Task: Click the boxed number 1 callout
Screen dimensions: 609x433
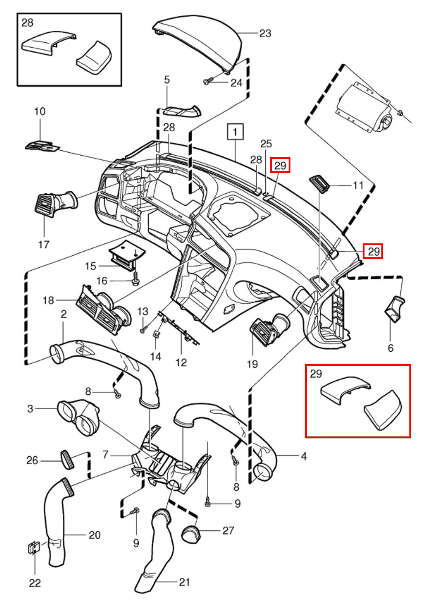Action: pyautogui.click(x=235, y=132)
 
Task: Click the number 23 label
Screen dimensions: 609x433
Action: pyautogui.click(x=265, y=33)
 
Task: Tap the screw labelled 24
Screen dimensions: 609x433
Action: pyautogui.click(x=207, y=81)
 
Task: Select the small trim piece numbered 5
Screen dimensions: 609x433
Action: pyautogui.click(x=182, y=112)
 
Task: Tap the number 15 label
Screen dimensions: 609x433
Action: pyautogui.click(x=90, y=266)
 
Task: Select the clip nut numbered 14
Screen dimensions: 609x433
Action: pyautogui.click(x=156, y=335)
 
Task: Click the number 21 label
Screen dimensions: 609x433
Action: pyautogui.click(x=184, y=582)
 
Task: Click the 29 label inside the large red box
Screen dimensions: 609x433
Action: pyautogui.click(x=316, y=374)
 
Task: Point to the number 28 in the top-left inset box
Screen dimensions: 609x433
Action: pyautogui.click(x=27, y=23)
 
